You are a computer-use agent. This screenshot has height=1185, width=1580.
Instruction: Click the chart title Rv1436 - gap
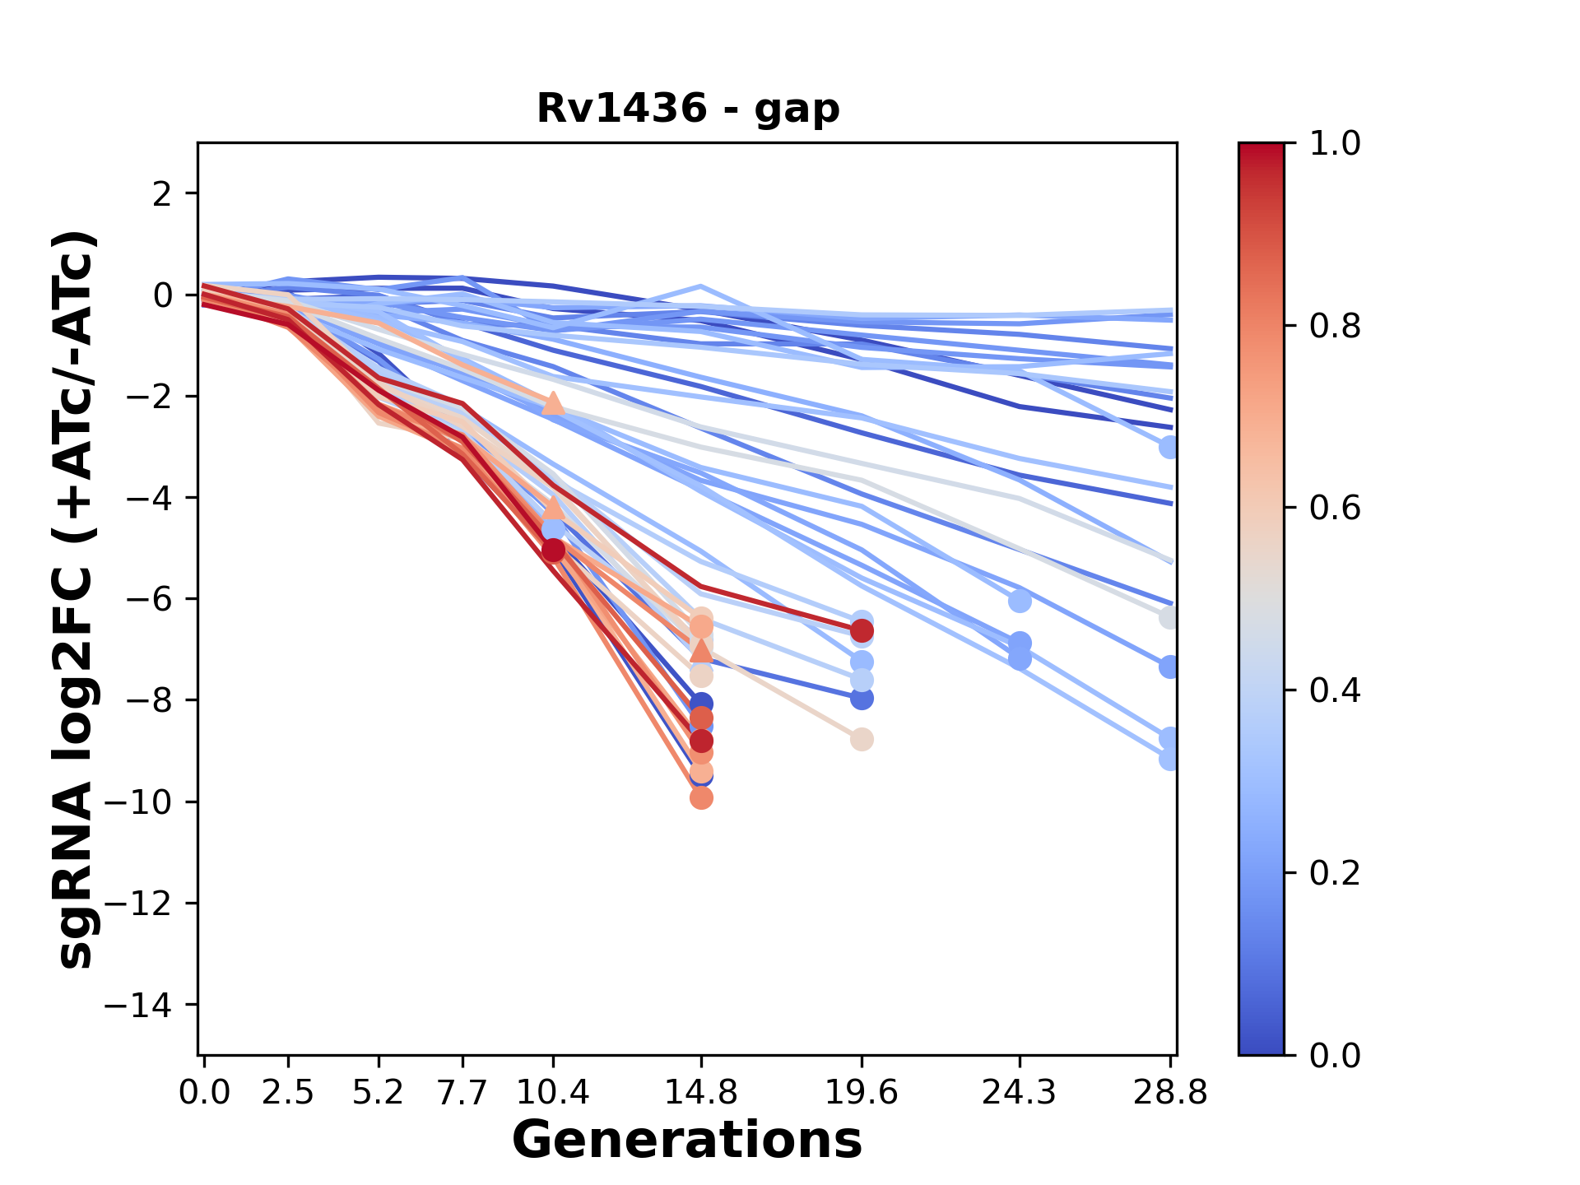coord(688,109)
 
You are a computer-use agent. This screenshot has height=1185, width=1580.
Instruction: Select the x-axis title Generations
coord(687,1141)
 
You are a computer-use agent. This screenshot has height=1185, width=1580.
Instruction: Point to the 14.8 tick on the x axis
coord(700,1093)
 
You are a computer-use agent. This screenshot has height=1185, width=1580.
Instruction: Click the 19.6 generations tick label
coord(861,1093)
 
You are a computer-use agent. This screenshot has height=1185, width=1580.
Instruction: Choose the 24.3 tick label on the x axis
coord(1019,1093)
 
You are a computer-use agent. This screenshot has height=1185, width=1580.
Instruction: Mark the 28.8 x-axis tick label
coord(1169,1093)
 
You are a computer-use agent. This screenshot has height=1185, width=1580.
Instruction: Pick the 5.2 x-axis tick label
coord(379,1093)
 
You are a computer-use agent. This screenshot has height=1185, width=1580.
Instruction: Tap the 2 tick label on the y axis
coord(163,194)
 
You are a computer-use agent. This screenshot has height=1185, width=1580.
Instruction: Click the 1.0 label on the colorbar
coord(1335,144)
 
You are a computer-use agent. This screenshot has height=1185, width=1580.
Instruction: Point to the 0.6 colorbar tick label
coord(1335,508)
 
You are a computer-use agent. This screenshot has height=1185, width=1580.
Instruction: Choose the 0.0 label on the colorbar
coord(1335,1055)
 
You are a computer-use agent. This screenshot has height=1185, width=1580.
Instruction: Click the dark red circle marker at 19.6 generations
coord(862,631)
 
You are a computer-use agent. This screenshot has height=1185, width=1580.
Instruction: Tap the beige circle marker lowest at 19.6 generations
coord(862,740)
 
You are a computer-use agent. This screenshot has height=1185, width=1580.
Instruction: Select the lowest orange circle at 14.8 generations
coord(701,797)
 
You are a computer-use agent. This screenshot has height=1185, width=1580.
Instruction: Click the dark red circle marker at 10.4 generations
coord(554,550)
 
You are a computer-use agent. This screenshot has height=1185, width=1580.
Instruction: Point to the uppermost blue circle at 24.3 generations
coord(1020,602)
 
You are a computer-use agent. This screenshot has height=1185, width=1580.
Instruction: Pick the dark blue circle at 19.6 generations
coord(862,699)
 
